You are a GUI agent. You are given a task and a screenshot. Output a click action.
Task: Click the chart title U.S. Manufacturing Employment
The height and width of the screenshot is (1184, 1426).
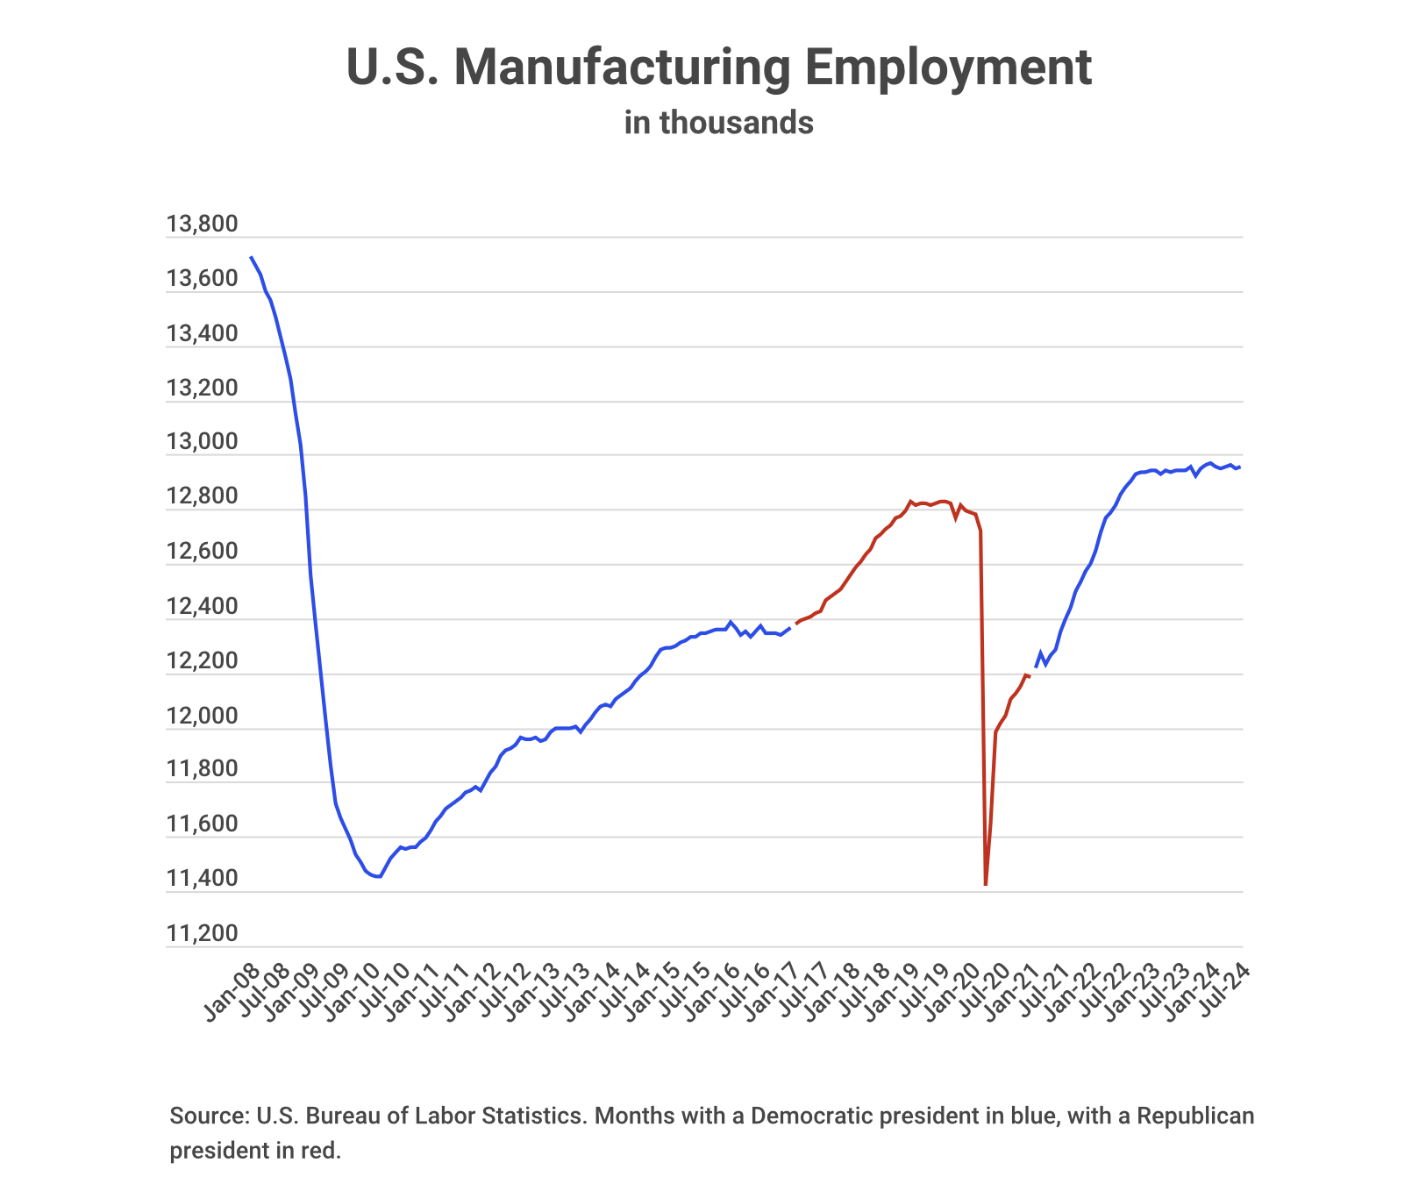click(718, 68)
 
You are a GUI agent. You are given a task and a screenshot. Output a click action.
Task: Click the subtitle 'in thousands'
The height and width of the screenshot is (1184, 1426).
click(718, 123)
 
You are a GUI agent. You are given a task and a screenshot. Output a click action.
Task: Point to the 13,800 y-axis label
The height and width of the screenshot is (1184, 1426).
click(202, 225)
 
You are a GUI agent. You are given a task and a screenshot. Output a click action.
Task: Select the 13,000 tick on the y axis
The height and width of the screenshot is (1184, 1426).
click(202, 443)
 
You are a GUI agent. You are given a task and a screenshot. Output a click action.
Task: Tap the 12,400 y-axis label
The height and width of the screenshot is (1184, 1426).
click(202, 607)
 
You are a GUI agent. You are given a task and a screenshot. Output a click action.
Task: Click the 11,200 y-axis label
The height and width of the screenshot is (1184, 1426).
click(202, 934)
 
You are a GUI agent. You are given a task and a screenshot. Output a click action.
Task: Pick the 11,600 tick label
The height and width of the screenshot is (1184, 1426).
click(202, 824)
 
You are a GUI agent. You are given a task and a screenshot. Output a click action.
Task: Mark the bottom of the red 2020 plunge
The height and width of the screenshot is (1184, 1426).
click(986, 884)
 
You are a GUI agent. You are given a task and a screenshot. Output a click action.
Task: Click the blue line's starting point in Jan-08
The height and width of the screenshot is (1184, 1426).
click(252, 257)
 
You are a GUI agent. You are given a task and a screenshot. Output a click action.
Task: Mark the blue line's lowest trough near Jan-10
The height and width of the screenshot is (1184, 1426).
click(378, 876)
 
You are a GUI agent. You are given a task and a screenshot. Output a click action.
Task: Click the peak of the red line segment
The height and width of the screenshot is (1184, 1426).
click(910, 501)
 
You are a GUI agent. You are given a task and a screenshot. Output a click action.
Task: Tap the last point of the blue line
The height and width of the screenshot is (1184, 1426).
click(1239, 467)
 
